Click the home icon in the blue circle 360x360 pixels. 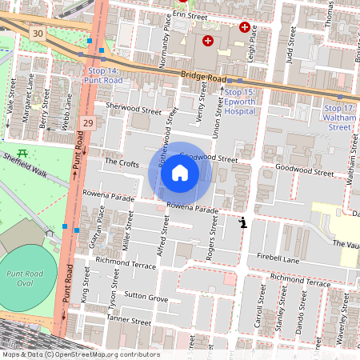(x=180, y=173)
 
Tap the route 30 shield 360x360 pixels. (x=38, y=34)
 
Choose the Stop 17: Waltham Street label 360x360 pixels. (x=339, y=117)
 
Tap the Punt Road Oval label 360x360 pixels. (x=30, y=278)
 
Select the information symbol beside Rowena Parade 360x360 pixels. (x=242, y=222)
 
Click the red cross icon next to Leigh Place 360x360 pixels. (x=244, y=27)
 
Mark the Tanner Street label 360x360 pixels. (x=128, y=321)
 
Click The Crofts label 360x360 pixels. (x=122, y=161)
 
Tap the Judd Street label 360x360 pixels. (x=290, y=46)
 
